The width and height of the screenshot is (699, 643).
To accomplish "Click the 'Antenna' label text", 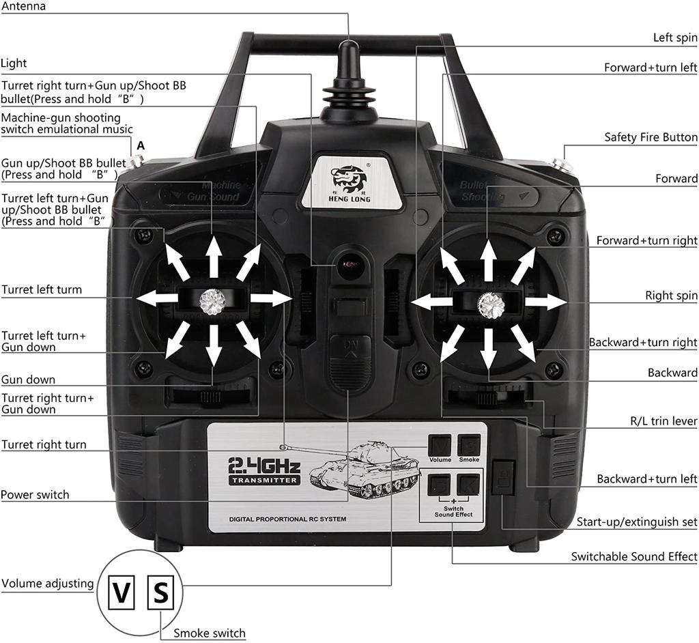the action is [24, 6].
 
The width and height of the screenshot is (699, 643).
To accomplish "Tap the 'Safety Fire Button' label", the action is [651, 137].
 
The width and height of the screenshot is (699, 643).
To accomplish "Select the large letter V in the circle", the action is [122, 593].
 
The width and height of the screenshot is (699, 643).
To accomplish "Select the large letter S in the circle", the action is [160, 592].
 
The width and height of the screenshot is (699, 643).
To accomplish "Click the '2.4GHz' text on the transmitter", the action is [264, 467].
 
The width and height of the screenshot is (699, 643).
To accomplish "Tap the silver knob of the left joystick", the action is [213, 299].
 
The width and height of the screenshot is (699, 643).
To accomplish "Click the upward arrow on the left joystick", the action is [214, 255].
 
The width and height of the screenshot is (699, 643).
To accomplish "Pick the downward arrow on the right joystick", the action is [489, 350].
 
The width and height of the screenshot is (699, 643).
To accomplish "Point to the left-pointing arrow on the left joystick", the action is [157, 298].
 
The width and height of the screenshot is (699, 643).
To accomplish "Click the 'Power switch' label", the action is [35, 494].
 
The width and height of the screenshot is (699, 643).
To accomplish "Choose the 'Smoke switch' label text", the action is [209, 633].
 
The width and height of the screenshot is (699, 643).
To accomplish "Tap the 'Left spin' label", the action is [674, 38].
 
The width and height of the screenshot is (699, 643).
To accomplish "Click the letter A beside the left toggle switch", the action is [141, 145].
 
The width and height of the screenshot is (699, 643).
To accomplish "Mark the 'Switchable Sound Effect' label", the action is [633, 556].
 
